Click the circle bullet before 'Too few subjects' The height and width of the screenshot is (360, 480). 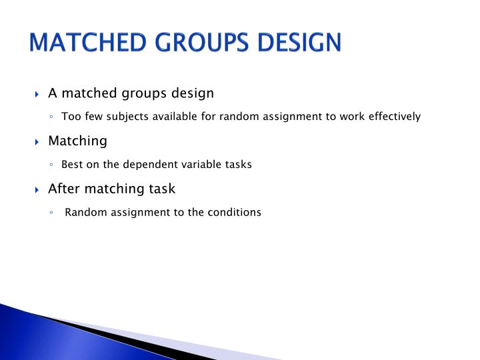(x=51, y=117)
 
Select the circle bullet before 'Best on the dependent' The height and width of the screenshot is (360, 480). (x=51, y=165)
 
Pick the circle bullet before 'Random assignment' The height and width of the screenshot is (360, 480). (x=51, y=213)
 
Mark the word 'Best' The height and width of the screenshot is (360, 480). (x=72, y=164)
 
